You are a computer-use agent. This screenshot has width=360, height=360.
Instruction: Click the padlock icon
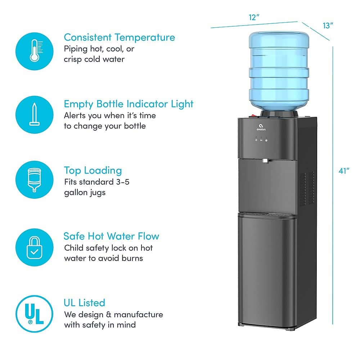tap(35, 246)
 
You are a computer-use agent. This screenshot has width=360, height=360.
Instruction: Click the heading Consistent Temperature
tap(119, 37)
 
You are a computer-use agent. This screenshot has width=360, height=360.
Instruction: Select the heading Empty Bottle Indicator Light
tap(129, 104)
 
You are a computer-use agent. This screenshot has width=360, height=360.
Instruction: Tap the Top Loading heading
tap(93, 170)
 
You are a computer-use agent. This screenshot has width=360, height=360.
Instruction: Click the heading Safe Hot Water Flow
tap(111, 236)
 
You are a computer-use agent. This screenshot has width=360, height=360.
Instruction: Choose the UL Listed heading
tap(85, 302)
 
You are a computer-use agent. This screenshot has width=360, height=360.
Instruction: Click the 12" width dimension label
tap(254, 17)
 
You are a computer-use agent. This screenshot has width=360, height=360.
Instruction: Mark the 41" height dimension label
tap(344, 171)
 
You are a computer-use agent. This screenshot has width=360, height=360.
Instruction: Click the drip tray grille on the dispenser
tap(266, 215)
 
